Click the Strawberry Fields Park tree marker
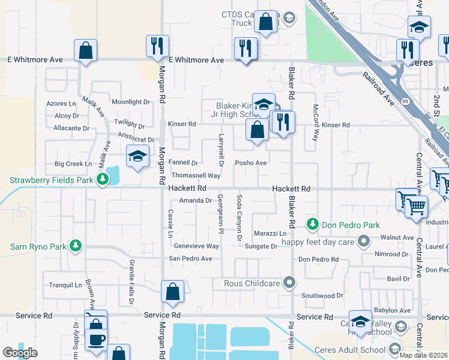tap(103, 179)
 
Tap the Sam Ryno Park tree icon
tap(75, 246)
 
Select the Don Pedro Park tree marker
tap(312, 225)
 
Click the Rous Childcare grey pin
tap(290, 282)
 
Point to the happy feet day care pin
tap(362, 242)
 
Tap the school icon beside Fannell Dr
tap(137, 157)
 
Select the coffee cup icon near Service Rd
tap(96, 340)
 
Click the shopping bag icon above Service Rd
tap(172, 292)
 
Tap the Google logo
tap(20, 353)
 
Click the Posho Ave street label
tap(250, 163)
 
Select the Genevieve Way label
tap(196, 246)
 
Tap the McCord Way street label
tap(315, 122)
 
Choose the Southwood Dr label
tap(322, 296)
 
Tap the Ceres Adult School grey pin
tap(394, 349)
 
